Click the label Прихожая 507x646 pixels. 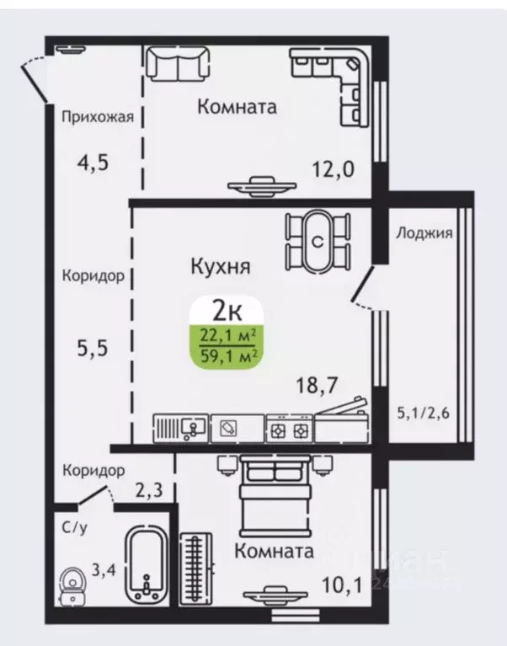tap(97, 117)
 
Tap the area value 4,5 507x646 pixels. tap(93, 163)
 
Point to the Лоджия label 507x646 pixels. tap(424, 233)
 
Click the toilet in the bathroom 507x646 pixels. tap(72, 583)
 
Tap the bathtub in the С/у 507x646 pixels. tap(148, 565)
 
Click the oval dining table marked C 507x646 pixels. tap(318, 242)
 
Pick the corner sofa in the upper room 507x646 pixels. tap(333, 80)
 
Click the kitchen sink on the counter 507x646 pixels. tap(181, 428)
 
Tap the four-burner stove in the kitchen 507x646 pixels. tap(289, 429)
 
